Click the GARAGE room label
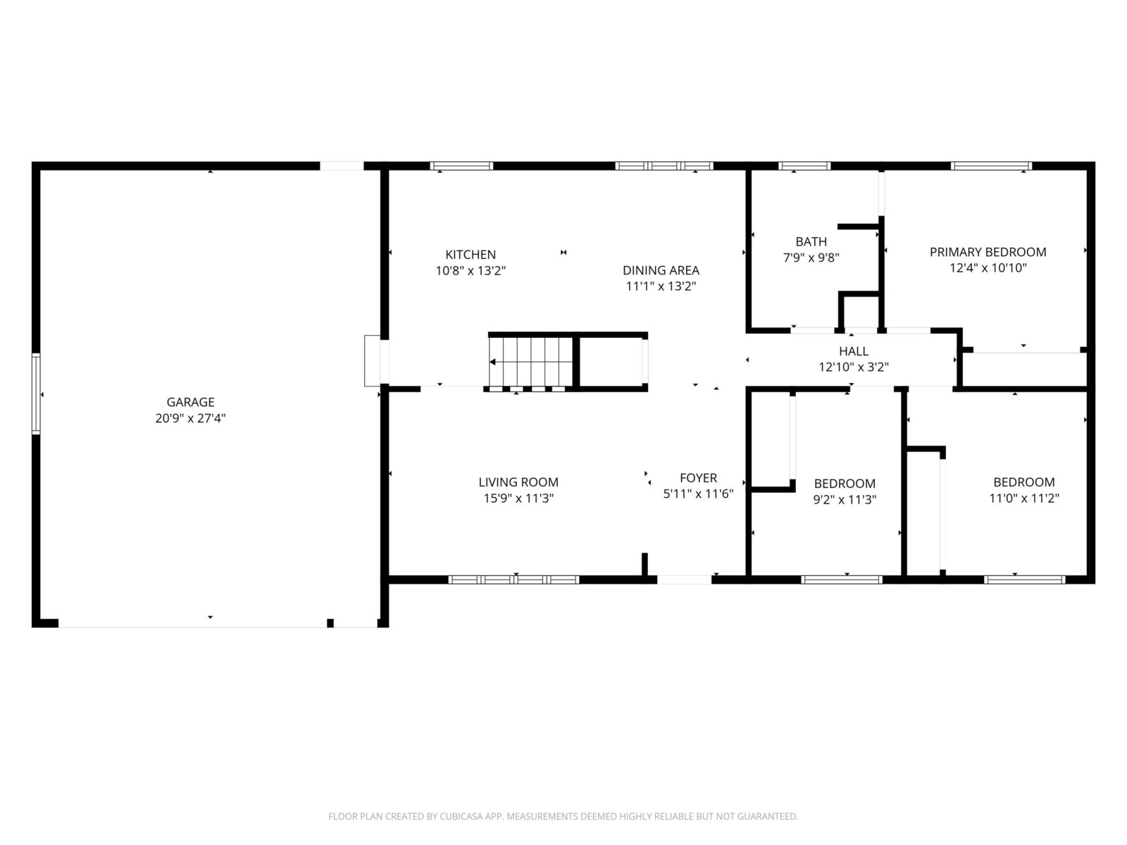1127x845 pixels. coord(190,402)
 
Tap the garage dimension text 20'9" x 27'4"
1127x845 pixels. coord(190,418)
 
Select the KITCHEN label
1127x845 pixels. coord(471,254)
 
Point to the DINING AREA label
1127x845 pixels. coord(661,270)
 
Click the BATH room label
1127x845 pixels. coord(811,242)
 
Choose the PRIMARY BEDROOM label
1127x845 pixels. coord(988,252)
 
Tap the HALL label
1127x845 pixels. coord(853,351)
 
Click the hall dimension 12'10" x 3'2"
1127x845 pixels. coord(853,367)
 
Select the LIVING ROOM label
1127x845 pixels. coord(518,482)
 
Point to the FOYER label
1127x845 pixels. coord(698,478)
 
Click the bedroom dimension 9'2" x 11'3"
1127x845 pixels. coord(845,499)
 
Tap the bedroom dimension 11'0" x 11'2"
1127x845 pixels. coord(1023,498)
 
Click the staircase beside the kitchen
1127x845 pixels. coord(531,362)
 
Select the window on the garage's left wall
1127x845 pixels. coord(36,394)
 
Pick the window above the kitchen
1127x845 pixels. coord(461,165)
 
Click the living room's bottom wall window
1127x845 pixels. coord(513,580)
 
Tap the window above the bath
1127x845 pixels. coord(804,165)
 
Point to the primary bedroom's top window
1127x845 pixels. coord(991,165)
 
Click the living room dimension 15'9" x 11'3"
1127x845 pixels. coord(518,498)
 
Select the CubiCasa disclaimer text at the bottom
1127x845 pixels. coord(563,816)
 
